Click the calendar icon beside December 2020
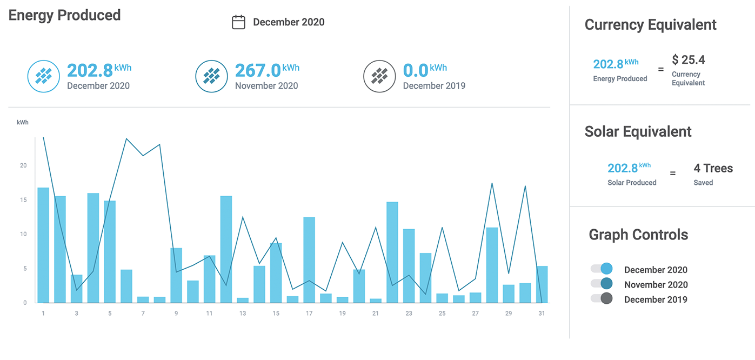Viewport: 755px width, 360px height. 238,22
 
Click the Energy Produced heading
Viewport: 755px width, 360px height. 64,15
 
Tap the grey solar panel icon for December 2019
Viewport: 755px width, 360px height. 379,76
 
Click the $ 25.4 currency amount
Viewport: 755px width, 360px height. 689,59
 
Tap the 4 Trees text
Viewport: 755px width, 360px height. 713,168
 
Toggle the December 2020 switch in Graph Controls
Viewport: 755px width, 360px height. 602,269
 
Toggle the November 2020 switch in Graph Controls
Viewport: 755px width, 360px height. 602,283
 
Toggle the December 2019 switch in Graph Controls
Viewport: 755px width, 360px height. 602,298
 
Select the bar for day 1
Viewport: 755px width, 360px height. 43,245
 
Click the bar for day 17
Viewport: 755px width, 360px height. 309,260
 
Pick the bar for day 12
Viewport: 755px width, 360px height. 226,249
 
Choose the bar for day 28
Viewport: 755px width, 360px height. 492,265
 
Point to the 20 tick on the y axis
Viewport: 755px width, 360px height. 23,165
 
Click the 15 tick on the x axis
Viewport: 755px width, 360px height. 276,314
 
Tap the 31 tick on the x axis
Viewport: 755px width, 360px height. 542,314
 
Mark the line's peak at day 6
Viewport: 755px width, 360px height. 126,138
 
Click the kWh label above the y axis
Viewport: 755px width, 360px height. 23,122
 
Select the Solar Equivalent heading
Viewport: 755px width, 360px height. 638,131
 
